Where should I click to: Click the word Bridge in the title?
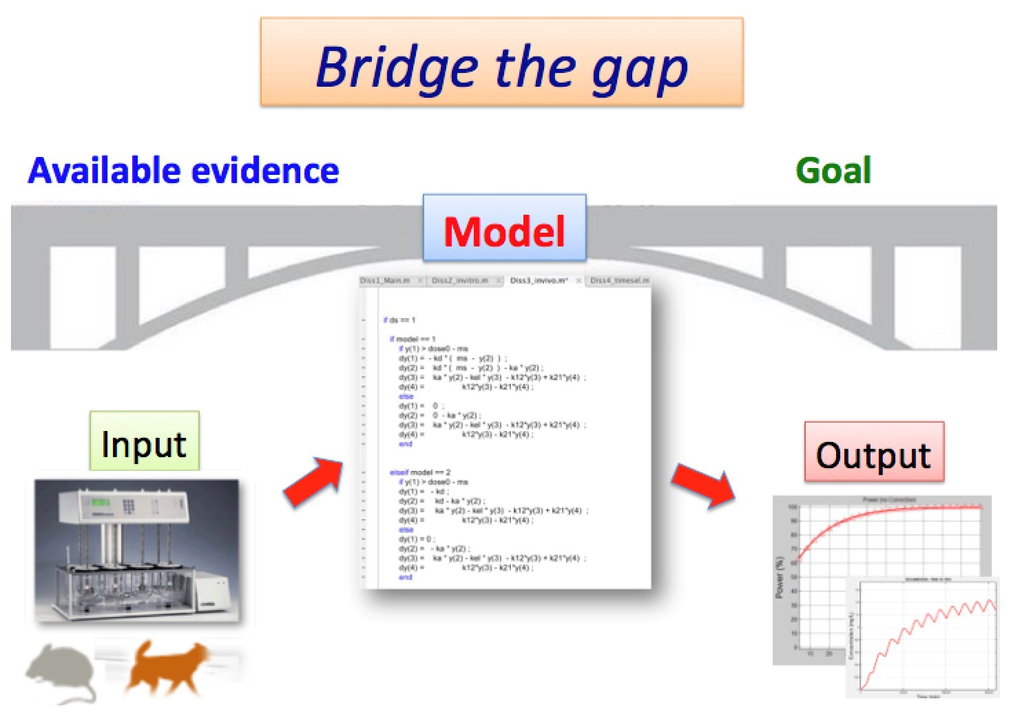pos(396,67)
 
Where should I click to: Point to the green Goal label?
pos(833,170)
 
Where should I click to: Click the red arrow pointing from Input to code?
pos(314,481)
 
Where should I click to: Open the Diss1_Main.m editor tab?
pos(386,281)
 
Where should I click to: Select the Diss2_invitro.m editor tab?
pos(459,281)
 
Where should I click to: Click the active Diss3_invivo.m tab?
pos(539,281)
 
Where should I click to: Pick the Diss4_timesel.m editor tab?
pos(619,281)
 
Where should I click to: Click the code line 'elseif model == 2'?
pos(420,472)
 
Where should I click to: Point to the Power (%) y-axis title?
pos(780,578)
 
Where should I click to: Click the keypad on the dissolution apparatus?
pos(129,505)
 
